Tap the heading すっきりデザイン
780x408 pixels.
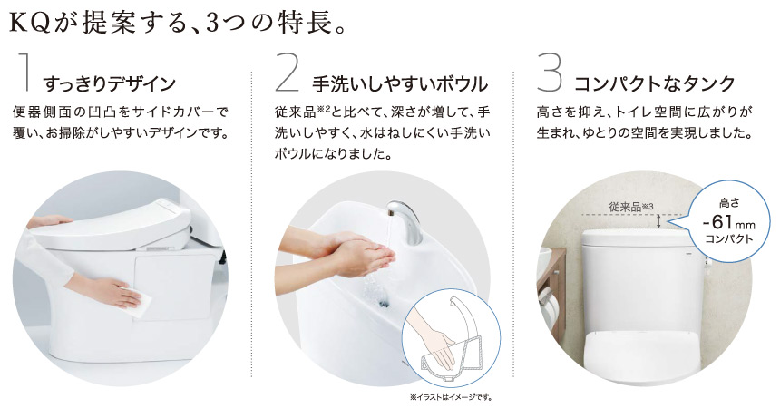click(x=110, y=83)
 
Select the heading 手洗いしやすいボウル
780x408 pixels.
click(x=400, y=83)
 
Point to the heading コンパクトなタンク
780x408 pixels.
click(x=655, y=83)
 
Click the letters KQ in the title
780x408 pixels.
click(x=30, y=24)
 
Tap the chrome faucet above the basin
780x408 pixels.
click(x=407, y=221)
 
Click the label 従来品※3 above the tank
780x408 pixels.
click(x=630, y=207)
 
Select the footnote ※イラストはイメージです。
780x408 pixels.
click(x=451, y=397)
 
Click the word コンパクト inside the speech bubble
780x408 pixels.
click(x=729, y=239)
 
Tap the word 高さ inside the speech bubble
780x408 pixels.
click(x=729, y=202)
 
